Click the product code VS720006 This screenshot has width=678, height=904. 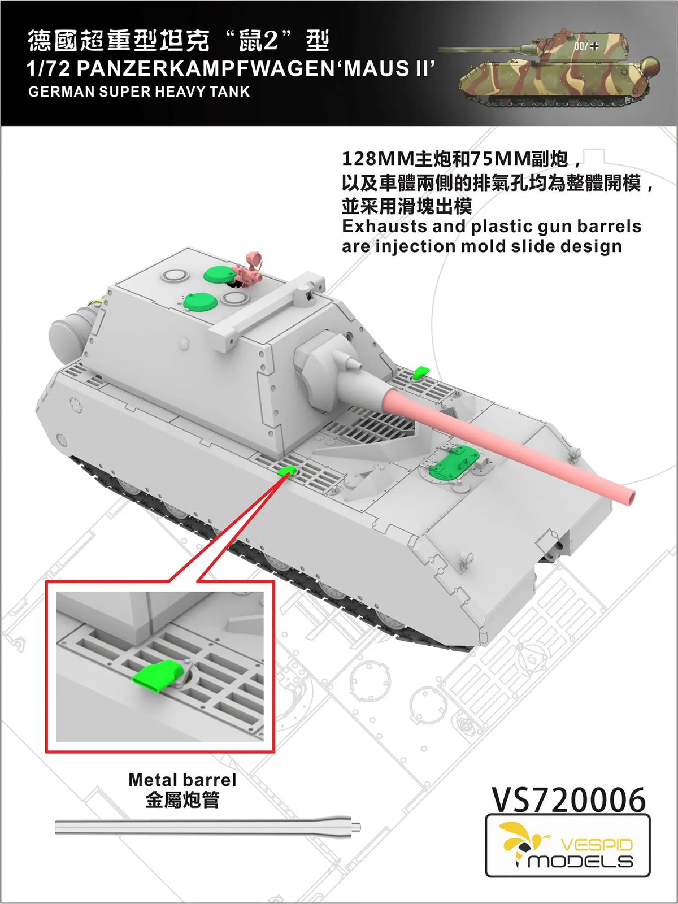568,799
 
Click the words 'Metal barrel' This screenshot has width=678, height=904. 182,780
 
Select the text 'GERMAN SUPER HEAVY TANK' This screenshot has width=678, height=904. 139,92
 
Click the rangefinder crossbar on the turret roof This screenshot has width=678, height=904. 266,308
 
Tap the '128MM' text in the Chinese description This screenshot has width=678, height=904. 377,160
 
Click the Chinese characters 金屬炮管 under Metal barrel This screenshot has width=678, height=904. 182,800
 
